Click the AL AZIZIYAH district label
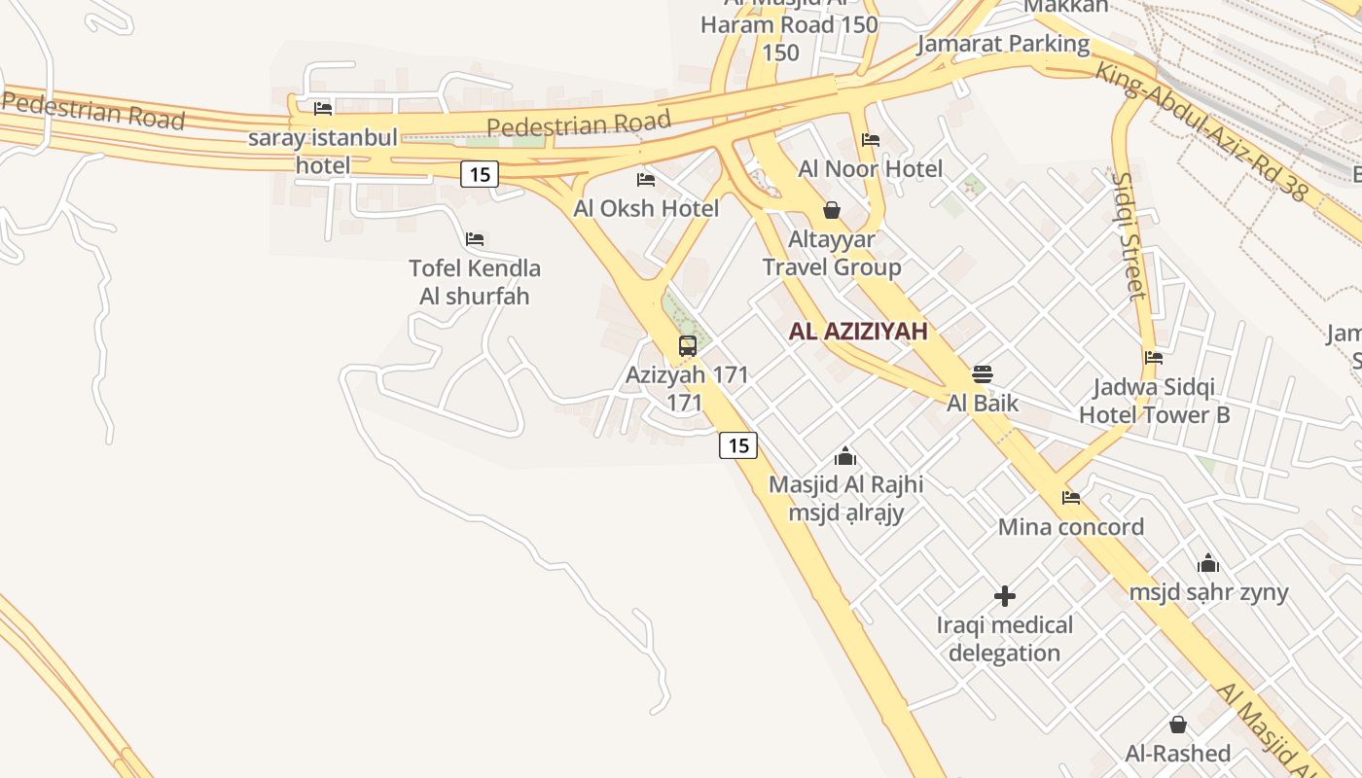[x=857, y=331]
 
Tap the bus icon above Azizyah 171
[x=688, y=346]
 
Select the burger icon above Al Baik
[x=983, y=374]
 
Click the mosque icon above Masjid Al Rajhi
[x=845, y=455]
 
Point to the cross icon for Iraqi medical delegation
[x=1005, y=595]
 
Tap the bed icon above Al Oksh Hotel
[x=645, y=179]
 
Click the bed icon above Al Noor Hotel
[x=871, y=140]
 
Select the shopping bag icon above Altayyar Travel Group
[x=832, y=209]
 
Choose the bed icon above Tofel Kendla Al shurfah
[x=475, y=238]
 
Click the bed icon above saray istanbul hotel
[x=323, y=108]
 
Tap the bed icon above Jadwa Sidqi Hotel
[x=1154, y=358]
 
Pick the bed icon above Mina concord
[x=1071, y=498]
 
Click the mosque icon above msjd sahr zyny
[x=1208, y=563]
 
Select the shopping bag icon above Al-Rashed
[x=1178, y=725]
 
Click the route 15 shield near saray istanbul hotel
[x=480, y=174]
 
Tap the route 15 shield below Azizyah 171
[x=738, y=445]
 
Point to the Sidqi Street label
[x=1129, y=235]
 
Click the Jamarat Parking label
[x=1003, y=44]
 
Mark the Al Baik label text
[x=983, y=403]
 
